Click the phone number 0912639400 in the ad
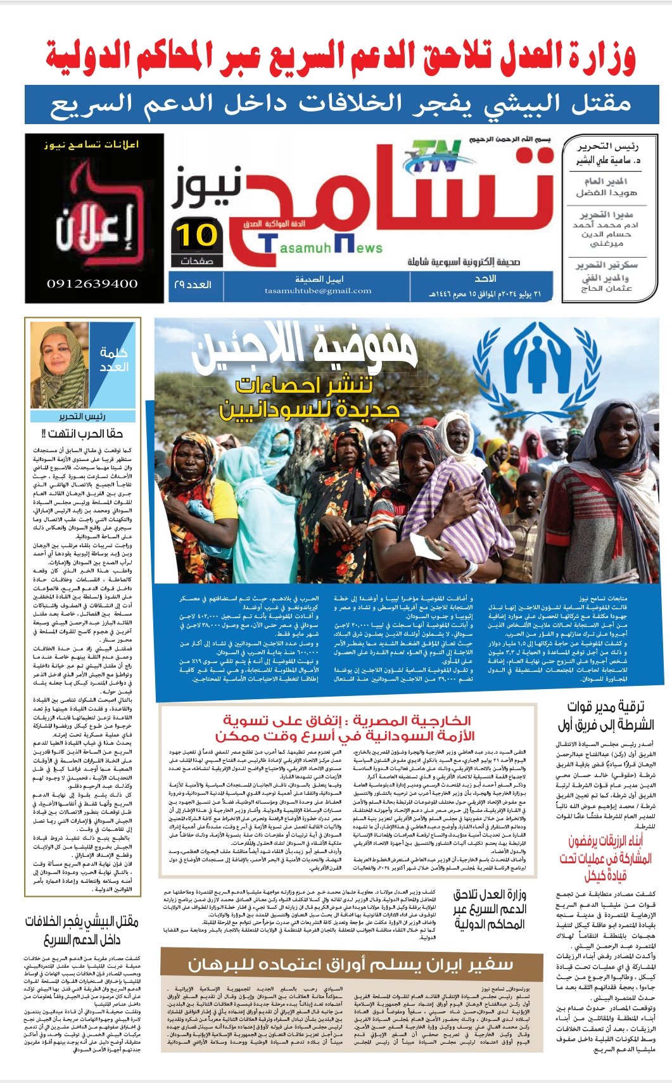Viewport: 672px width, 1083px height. point(92,284)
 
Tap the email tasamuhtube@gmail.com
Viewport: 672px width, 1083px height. point(319,291)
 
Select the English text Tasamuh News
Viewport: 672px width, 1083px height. point(321,246)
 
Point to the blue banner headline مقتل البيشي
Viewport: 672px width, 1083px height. point(340,103)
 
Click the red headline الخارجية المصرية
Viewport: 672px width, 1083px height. point(346,728)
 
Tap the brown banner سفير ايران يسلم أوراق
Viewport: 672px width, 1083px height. point(350,965)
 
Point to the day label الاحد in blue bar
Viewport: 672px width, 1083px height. point(486,279)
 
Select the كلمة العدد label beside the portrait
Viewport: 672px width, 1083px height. point(114,360)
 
